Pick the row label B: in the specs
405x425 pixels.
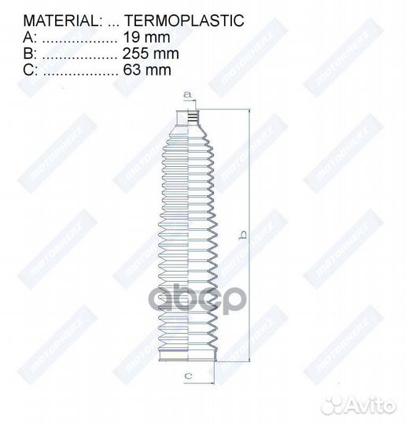(x=30, y=54)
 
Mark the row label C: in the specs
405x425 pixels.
(x=31, y=72)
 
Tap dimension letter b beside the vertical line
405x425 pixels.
(x=244, y=235)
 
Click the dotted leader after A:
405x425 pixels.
(x=79, y=37)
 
